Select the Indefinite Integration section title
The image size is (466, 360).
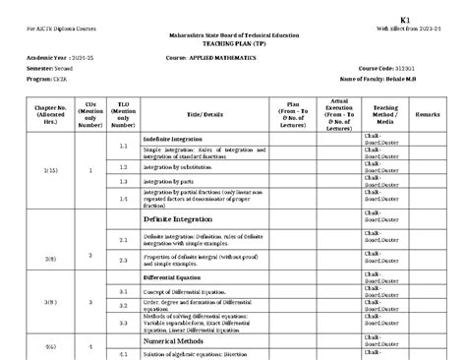point(175,140)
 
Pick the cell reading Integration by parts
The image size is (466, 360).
point(170,182)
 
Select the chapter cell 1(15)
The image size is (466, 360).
point(49,171)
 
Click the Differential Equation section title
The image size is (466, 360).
point(174,277)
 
